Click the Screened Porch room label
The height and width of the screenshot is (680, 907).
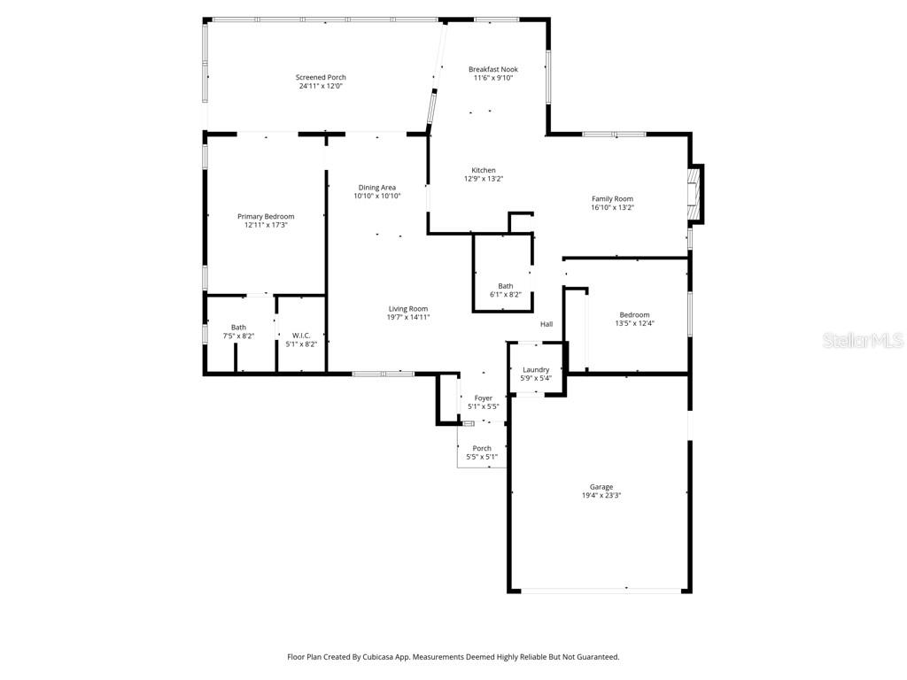(321, 77)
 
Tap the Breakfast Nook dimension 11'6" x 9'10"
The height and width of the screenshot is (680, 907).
(493, 78)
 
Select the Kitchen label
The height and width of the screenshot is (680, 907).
(484, 170)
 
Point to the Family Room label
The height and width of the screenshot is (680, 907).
(612, 198)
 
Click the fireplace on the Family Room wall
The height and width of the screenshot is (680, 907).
(696, 193)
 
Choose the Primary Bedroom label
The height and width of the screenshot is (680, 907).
(266, 216)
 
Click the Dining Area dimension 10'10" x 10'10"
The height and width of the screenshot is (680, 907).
(377, 196)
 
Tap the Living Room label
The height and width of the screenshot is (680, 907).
(408, 309)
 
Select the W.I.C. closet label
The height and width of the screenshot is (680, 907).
(301, 335)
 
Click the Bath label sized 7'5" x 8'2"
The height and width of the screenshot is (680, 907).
(238, 327)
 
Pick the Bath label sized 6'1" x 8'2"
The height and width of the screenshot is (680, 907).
(505, 286)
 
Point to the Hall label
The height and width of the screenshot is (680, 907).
(547, 324)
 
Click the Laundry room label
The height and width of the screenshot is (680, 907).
(536, 369)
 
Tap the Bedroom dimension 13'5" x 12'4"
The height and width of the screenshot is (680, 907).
(634, 323)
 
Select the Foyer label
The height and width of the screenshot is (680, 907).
(484, 398)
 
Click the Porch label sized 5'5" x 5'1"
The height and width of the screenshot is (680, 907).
(482, 448)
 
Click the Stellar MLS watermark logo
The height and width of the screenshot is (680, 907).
(863, 340)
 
